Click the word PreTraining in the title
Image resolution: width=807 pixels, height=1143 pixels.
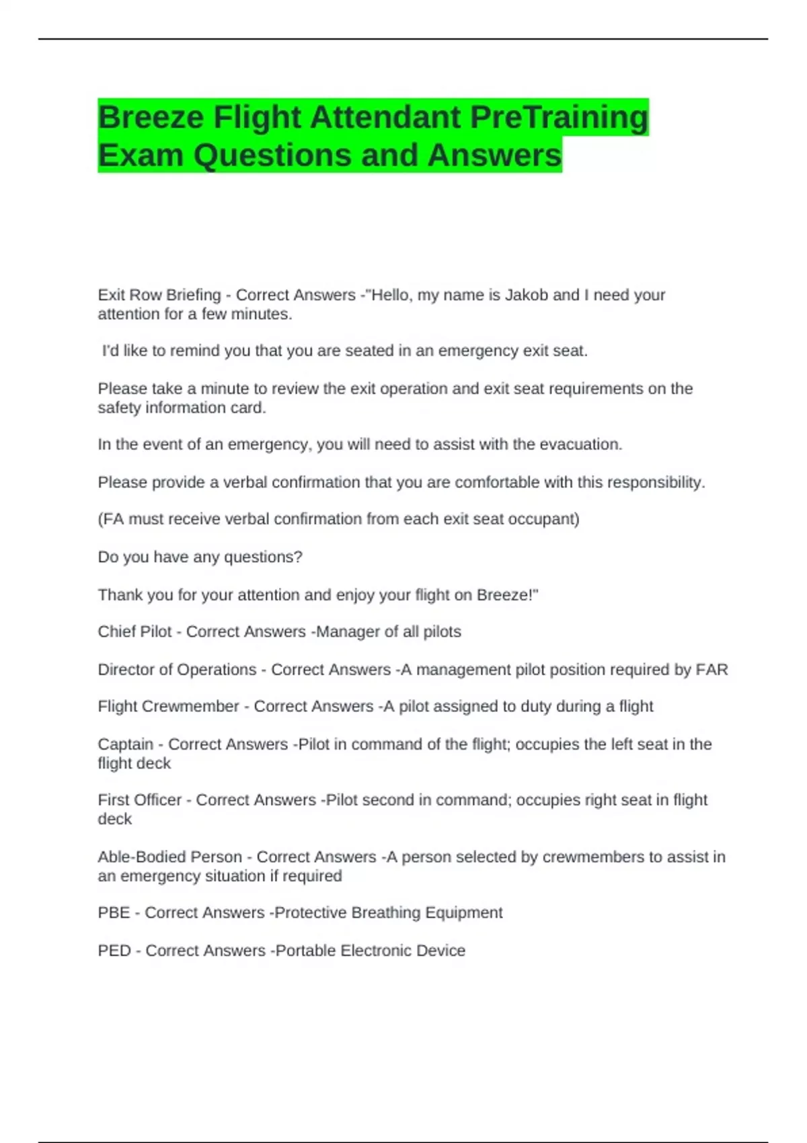click(559, 117)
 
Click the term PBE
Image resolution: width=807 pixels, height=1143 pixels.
click(114, 912)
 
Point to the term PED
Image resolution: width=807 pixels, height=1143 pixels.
click(114, 950)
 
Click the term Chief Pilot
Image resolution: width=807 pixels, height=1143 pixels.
click(134, 632)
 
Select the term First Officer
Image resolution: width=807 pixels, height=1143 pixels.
click(140, 800)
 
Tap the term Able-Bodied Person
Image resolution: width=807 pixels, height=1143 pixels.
click(169, 857)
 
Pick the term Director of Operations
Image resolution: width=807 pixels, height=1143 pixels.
click(177, 670)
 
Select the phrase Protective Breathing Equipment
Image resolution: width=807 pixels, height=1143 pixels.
click(388, 912)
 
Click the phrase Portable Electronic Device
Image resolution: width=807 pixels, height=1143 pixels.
click(370, 950)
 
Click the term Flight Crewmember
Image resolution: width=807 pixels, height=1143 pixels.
click(168, 706)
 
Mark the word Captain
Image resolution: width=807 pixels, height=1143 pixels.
click(125, 744)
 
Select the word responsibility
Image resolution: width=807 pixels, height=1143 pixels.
click(656, 482)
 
